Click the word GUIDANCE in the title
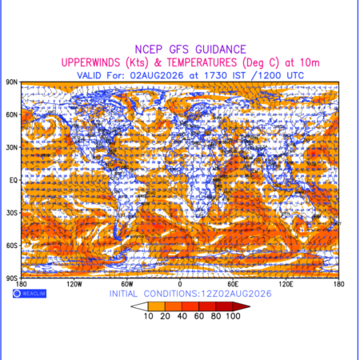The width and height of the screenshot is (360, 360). [x=221, y=50]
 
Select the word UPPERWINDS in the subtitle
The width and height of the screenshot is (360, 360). [x=90, y=62]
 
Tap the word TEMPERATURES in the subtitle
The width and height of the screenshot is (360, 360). [x=202, y=62]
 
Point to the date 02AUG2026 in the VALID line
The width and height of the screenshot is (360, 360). [x=157, y=75]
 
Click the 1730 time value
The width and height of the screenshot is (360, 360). [x=215, y=75]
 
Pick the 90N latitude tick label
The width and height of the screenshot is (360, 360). [x=12, y=82]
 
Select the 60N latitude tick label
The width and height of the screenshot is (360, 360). [x=12, y=114]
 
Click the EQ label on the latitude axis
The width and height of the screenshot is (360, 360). [x=14, y=180]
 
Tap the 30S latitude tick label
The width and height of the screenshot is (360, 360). [x=12, y=213]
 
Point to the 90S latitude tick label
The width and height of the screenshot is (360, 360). [x=12, y=278]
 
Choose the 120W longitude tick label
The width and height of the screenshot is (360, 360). [x=74, y=284]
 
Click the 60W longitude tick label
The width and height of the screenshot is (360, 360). [x=127, y=284]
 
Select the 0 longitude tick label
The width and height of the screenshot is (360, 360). [x=180, y=284]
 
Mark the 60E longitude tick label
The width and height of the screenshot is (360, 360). [x=233, y=284]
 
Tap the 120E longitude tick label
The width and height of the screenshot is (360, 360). [x=286, y=284]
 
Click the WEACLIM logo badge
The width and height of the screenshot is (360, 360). [x=30, y=294]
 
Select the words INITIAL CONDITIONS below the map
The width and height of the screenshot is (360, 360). [x=154, y=294]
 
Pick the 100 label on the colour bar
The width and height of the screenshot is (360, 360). [x=234, y=316]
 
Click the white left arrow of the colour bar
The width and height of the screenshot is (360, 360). [x=139, y=306]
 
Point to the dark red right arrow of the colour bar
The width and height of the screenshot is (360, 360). [x=242, y=306]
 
